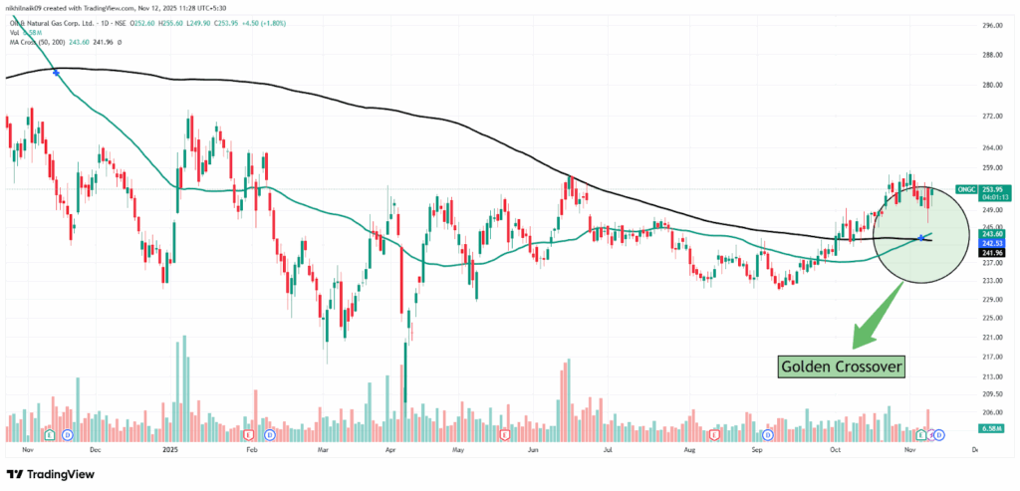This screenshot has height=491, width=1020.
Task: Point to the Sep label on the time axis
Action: click(x=757, y=449)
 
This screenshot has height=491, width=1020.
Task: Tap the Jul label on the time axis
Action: click(x=609, y=449)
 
